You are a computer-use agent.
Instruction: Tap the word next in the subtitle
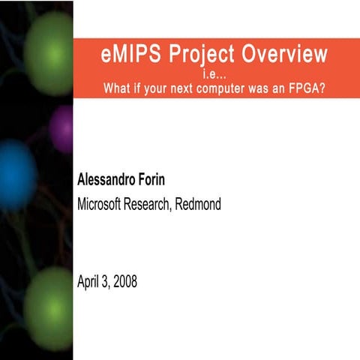pyautogui.click(x=172, y=87)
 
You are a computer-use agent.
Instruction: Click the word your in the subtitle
pyautogui.click(x=145, y=87)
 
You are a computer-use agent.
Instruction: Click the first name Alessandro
pyautogui.click(x=111, y=180)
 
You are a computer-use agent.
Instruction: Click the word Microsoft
pyautogui.click(x=102, y=203)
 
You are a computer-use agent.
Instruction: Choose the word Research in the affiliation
pyautogui.click(x=150, y=203)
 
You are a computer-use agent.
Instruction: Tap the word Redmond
pyautogui.click(x=198, y=203)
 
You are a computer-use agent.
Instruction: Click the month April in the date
pyautogui.click(x=89, y=283)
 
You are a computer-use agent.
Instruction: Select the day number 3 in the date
pyautogui.click(x=105, y=283)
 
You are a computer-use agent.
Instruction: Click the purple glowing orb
pyautogui.click(x=61, y=128)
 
